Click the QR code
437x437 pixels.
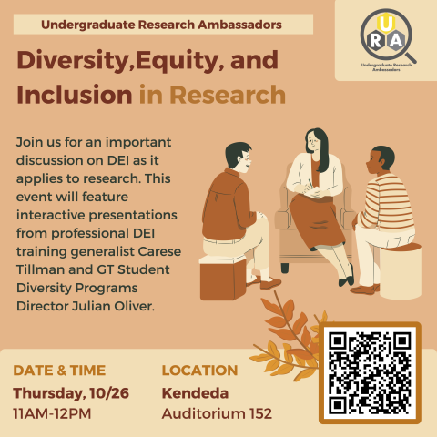[370, 371]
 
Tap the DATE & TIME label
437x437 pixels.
[59, 371]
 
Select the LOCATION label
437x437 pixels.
[199, 371]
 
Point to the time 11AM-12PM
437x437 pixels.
[53, 414]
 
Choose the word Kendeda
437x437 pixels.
[195, 393]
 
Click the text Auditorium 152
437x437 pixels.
[217, 414]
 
